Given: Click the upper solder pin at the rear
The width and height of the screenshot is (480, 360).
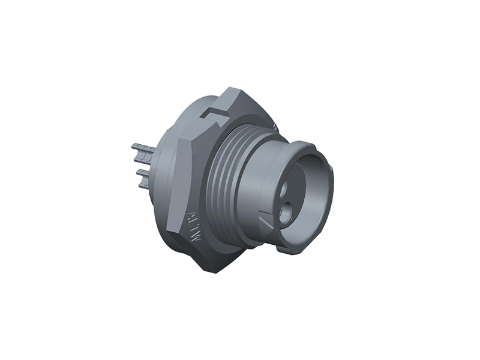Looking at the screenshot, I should [140, 148].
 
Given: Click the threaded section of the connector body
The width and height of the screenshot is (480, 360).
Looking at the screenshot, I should [225, 180].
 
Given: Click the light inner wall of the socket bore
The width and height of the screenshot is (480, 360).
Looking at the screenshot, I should [312, 180].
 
